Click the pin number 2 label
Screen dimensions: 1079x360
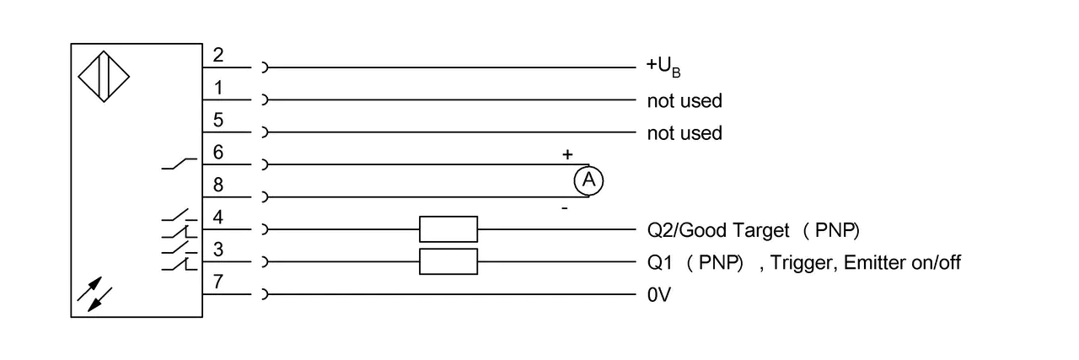pyautogui.click(x=218, y=56)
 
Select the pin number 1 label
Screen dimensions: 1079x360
pyautogui.click(x=218, y=88)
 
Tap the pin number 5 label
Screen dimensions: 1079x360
pyautogui.click(x=218, y=120)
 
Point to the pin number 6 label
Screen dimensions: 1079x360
pyautogui.click(x=218, y=153)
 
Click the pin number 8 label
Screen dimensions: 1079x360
pyautogui.click(x=218, y=185)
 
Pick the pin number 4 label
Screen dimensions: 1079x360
pyautogui.click(x=218, y=218)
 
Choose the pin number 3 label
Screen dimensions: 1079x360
pyautogui.click(x=218, y=250)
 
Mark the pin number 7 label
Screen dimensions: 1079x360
pyautogui.click(x=218, y=282)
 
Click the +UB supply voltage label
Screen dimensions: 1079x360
pyautogui.click(x=663, y=67)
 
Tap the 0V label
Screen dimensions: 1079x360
pyautogui.click(x=659, y=295)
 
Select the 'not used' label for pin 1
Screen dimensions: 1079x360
pyautogui.click(x=684, y=101)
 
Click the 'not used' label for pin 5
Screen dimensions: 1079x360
pyautogui.click(x=684, y=133)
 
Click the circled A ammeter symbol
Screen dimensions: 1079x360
pyautogui.click(x=588, y=180)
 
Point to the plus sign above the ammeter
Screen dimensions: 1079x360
pyautogui.click(x=567, y=154)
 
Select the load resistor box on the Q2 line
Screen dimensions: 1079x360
pyautogui.click(x=448, y=229)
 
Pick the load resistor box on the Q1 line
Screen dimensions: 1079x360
pyautogui.click(x=448, y=261)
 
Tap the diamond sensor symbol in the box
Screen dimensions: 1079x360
pyautogui.click(x=104, y=77)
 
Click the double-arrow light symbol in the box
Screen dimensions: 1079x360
pyautogui.click(x=95, y=294)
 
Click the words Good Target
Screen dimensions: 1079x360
pyautogui.click(x=734, y=231)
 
